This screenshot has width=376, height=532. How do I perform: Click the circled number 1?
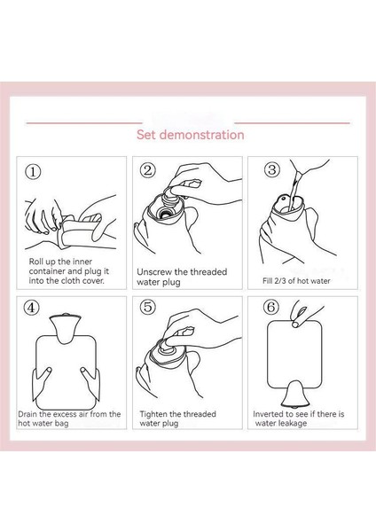coord(33,171)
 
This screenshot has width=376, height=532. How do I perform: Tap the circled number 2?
coord(147,169)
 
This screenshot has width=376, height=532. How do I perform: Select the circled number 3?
coord(272,169)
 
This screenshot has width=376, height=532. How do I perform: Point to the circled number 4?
coord(31,308)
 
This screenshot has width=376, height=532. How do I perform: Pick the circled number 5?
coord(147,307)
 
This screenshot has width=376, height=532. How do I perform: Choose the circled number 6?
coord(271,307)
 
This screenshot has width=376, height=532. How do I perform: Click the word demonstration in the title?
coord(201,135)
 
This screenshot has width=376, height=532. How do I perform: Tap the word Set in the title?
coord(146,135)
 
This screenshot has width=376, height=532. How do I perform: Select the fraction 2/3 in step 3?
coord(278,281)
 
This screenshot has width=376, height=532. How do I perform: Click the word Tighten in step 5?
coord(153,414)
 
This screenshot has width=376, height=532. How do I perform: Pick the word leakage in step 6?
coord(294,423)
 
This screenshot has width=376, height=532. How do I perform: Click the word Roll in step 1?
coord(35,262)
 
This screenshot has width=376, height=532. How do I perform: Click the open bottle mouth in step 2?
coord(166,214)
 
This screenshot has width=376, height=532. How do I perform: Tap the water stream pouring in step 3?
coord(294,190)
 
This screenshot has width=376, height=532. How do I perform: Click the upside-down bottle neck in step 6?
coord(295,393)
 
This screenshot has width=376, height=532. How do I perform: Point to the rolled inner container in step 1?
coord(75,231)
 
